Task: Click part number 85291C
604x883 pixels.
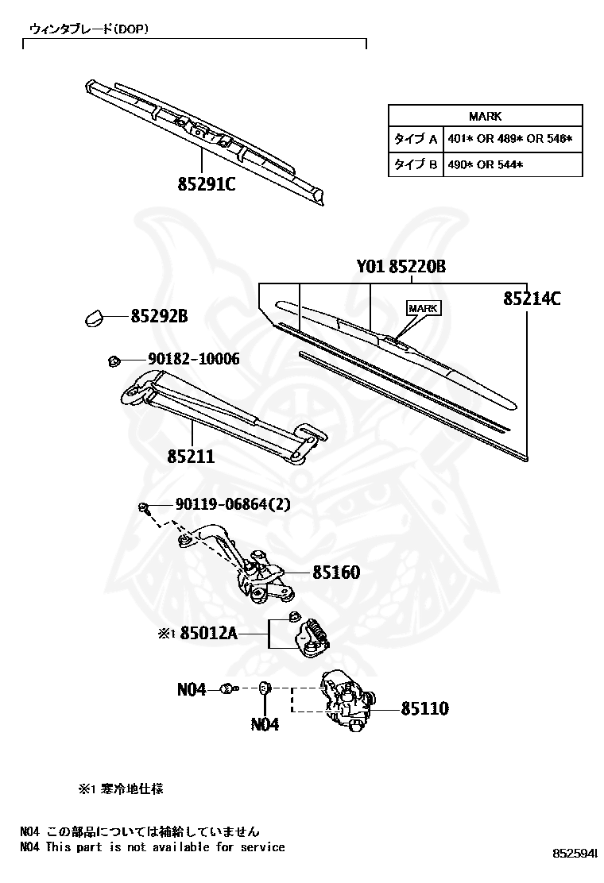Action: [207, 184]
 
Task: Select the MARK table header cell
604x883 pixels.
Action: [485, 116]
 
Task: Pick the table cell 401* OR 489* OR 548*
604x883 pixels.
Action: [509, 139]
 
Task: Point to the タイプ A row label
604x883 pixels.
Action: [416, 139]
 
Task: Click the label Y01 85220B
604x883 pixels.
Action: [401, 268]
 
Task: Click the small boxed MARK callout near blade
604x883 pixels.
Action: [423, 308]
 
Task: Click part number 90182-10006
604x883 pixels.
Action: [193, 360]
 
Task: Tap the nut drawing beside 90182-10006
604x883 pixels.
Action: [113, 361]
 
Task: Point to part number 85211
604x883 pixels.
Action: [191, 457]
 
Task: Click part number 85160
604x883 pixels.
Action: [336, 572]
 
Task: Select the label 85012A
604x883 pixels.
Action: [209, 634]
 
